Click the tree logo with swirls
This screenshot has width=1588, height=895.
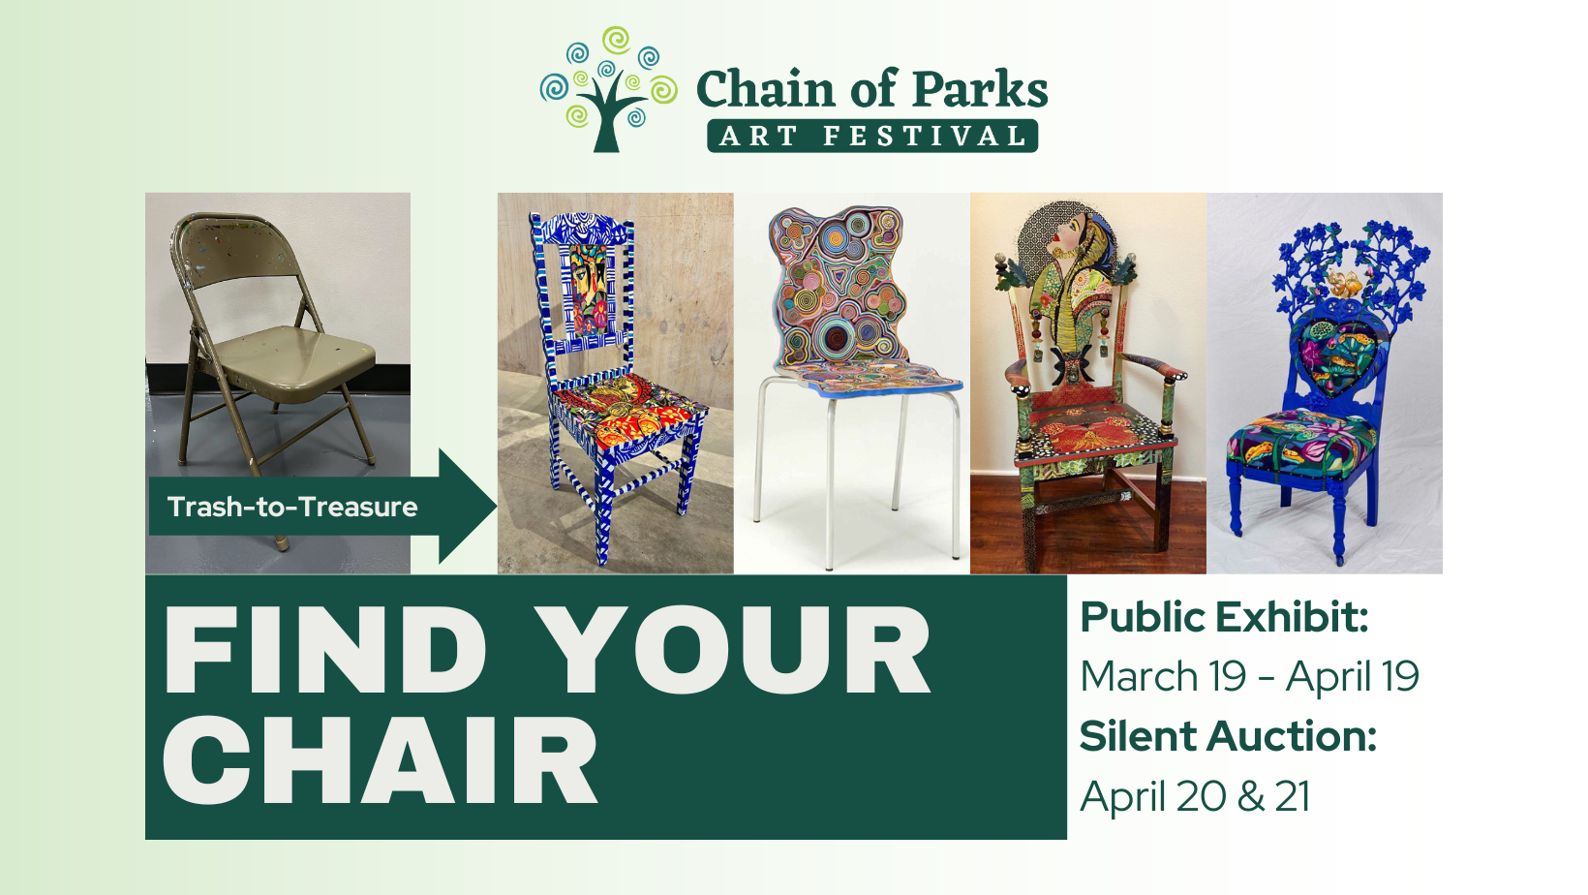coord(608,89)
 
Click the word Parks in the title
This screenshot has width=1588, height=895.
coord(981,90)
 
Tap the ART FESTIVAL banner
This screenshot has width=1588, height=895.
coord(872,136)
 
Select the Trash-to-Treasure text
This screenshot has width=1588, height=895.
coord(292,508)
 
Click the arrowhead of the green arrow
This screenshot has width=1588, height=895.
coord(467,506)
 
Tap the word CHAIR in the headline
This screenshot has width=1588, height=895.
coord(380,759)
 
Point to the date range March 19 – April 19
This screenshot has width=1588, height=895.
coord(1249,676)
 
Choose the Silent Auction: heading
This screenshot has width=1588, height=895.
coord(1228,735)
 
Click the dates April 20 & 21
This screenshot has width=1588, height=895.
coord(1195,795)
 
